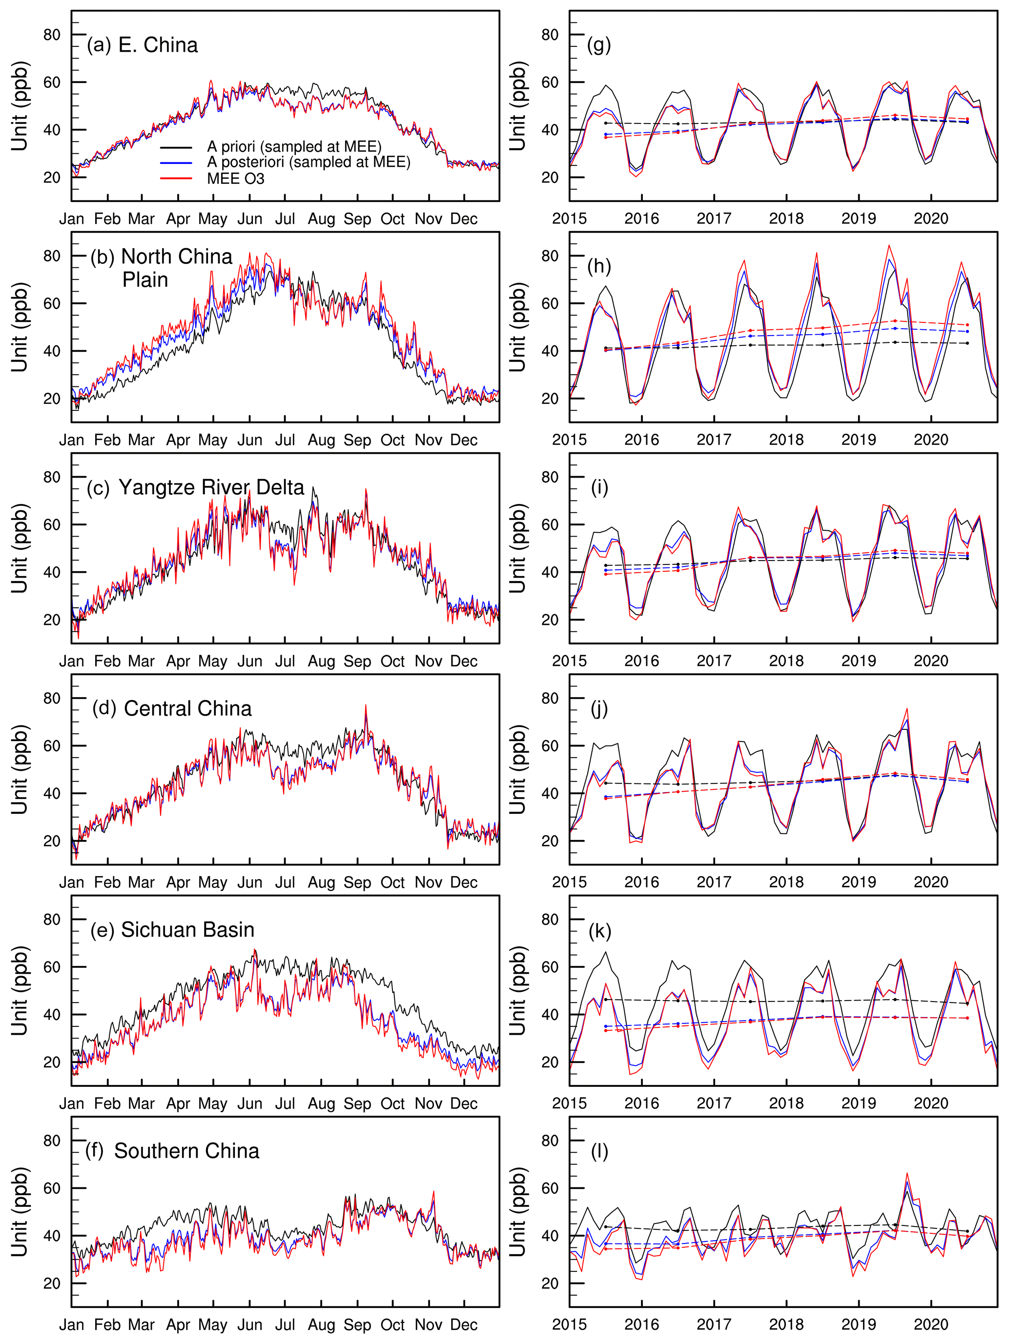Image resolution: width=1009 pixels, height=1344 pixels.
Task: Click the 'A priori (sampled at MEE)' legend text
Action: (x=294, y=146)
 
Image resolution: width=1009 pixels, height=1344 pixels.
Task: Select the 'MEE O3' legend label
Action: (x=236, y=179)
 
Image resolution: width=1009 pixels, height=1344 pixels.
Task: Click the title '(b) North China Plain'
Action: (x=162, y=267)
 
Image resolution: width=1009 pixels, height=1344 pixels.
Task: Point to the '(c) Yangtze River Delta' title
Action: (x=196, y=487)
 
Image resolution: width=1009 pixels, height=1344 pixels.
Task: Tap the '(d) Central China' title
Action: (x=172, y=708)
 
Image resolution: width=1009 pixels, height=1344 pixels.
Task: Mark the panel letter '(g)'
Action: (x=599, y=45)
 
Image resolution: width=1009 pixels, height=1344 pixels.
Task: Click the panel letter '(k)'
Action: (x=600, y=930)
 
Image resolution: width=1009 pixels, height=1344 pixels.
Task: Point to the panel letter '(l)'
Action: (x=599, y=1151)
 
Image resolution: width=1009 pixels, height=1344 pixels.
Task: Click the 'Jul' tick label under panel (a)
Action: (x=285, y=219)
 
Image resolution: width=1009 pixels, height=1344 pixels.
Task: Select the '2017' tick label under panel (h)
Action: (x=714, y=440)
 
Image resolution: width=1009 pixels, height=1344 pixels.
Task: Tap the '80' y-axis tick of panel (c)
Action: (x=52, y=478)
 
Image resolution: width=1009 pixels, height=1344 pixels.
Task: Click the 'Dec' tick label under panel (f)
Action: (x=464, y=1324)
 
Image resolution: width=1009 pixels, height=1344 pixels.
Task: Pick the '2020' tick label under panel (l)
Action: (x=930, y=1324)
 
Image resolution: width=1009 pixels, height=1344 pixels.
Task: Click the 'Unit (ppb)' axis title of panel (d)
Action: (x=20, y=769)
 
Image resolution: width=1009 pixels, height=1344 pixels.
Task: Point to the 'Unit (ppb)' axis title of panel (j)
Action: (x=518, y=769)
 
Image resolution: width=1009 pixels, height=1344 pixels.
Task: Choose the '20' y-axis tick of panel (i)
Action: (x=550, y=620)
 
